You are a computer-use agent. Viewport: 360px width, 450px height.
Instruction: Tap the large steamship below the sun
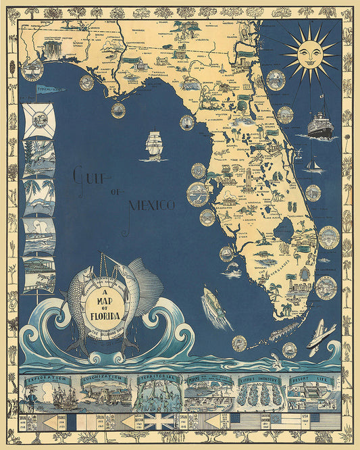(320, 126)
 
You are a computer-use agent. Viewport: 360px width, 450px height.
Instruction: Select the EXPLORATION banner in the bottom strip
(45, 379)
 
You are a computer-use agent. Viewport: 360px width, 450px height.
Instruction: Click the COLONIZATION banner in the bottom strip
(103, 378)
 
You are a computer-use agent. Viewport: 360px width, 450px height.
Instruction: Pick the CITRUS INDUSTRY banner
(259, 380)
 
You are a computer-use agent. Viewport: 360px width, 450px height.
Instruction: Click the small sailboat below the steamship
(313, 165)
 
